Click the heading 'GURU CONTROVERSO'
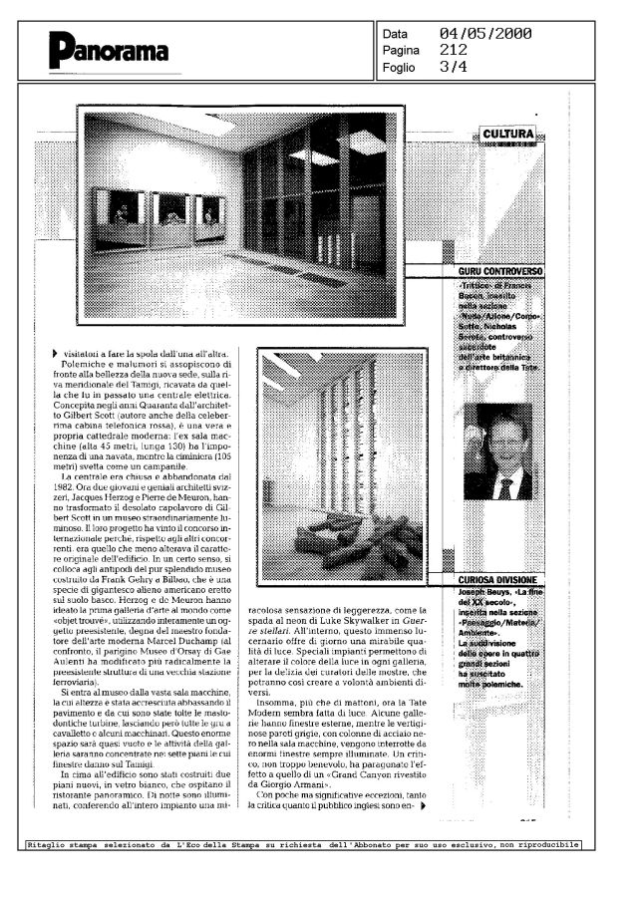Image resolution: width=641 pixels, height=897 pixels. tap(500, 271)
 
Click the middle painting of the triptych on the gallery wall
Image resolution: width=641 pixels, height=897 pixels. tap(170, 210)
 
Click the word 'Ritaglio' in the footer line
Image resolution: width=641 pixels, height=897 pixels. tap(51, 844)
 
